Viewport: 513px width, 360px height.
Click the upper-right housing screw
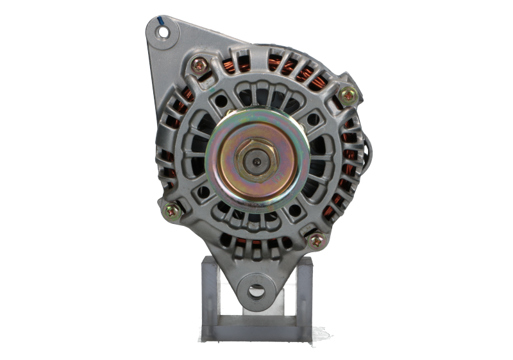click(x=348, y=95)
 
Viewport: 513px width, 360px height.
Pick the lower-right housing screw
click(x=316, y=240)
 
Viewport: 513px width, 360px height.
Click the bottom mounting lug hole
click(x=256, y=290)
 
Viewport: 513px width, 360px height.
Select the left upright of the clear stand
click(x=211, y=289)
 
